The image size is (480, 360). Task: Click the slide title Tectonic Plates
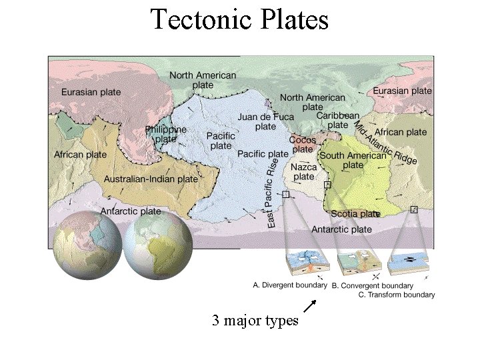(239, 19)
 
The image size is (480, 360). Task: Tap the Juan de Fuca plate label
(265, 121)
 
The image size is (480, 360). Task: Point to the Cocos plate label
(302, 145)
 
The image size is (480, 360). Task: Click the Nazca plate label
(303, 172)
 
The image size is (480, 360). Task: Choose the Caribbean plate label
(337, 120)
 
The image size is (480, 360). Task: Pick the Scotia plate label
(355, 214)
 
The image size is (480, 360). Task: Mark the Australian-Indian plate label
(151, 179)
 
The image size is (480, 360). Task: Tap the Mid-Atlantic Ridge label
(385, 142)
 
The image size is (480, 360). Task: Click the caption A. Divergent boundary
(290, 285)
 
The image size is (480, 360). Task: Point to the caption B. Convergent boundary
(382, 285)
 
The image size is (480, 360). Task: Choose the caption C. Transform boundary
(396, 294)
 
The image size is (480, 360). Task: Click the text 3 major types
(255, 321)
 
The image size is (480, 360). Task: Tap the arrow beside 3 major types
(310, 306)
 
